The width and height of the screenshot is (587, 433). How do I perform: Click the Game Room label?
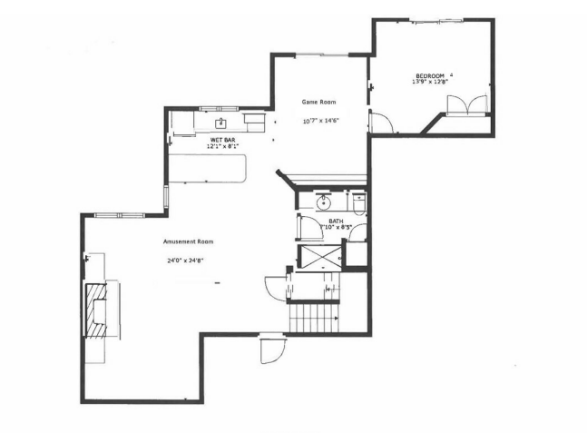[319, 103]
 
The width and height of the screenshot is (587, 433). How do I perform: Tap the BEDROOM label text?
[430, 75]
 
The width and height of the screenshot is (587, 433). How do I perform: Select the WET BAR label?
[222, 139]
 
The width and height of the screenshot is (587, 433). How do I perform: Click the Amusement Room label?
[188, 241]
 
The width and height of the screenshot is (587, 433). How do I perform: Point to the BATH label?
[335, 220]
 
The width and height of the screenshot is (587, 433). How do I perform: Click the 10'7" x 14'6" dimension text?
[320, 121]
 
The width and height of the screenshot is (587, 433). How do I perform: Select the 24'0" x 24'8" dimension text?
[184, 261]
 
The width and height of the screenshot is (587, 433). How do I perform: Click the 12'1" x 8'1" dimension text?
[223, 146]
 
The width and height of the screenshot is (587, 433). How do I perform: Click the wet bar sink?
[220, 122]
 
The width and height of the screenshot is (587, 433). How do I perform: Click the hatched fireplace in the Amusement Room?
[95, 310]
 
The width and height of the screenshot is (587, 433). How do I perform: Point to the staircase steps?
[313, 319]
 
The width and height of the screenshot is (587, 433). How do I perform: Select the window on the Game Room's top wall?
[321, 55]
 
